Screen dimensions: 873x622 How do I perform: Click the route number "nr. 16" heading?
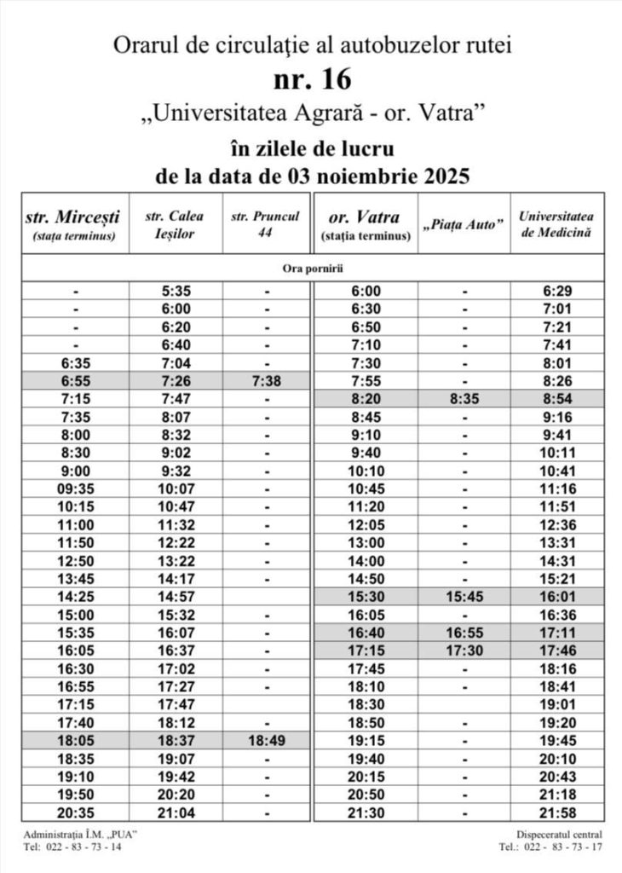point(312,79)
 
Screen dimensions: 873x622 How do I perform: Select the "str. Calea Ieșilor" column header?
point(176,224)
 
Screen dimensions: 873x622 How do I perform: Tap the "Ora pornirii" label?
point(312,268)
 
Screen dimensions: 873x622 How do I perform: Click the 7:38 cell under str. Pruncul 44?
point(266,380)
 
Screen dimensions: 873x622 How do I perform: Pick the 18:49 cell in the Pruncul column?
point(266,741)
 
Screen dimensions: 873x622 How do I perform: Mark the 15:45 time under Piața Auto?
point(464,596)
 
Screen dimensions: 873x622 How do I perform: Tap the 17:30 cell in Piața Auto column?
point(464,650)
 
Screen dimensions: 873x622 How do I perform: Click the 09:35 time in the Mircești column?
point(75,489)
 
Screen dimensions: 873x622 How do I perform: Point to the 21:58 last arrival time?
point(558,812)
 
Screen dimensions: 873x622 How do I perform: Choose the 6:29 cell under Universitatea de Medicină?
point(558,291)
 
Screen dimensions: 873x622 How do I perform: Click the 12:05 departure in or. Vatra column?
point(367,524)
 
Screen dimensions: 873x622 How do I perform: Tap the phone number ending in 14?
point(72,847)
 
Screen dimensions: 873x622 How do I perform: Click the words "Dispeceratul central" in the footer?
point(559,834)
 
